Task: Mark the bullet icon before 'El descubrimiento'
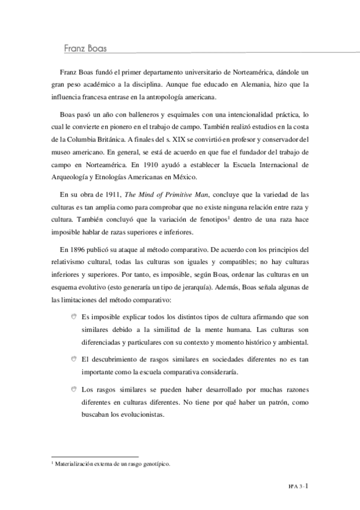click(73, 359)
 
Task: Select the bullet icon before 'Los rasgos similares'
click(73, 389)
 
